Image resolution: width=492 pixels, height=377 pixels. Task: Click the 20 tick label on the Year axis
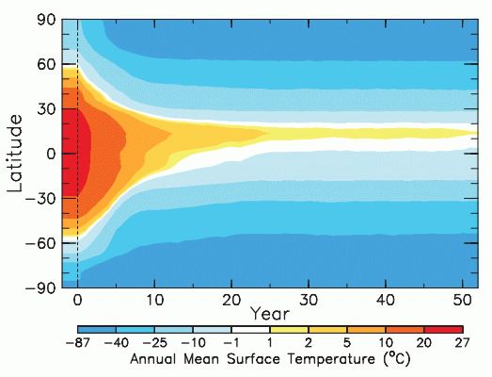[231, 301]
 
